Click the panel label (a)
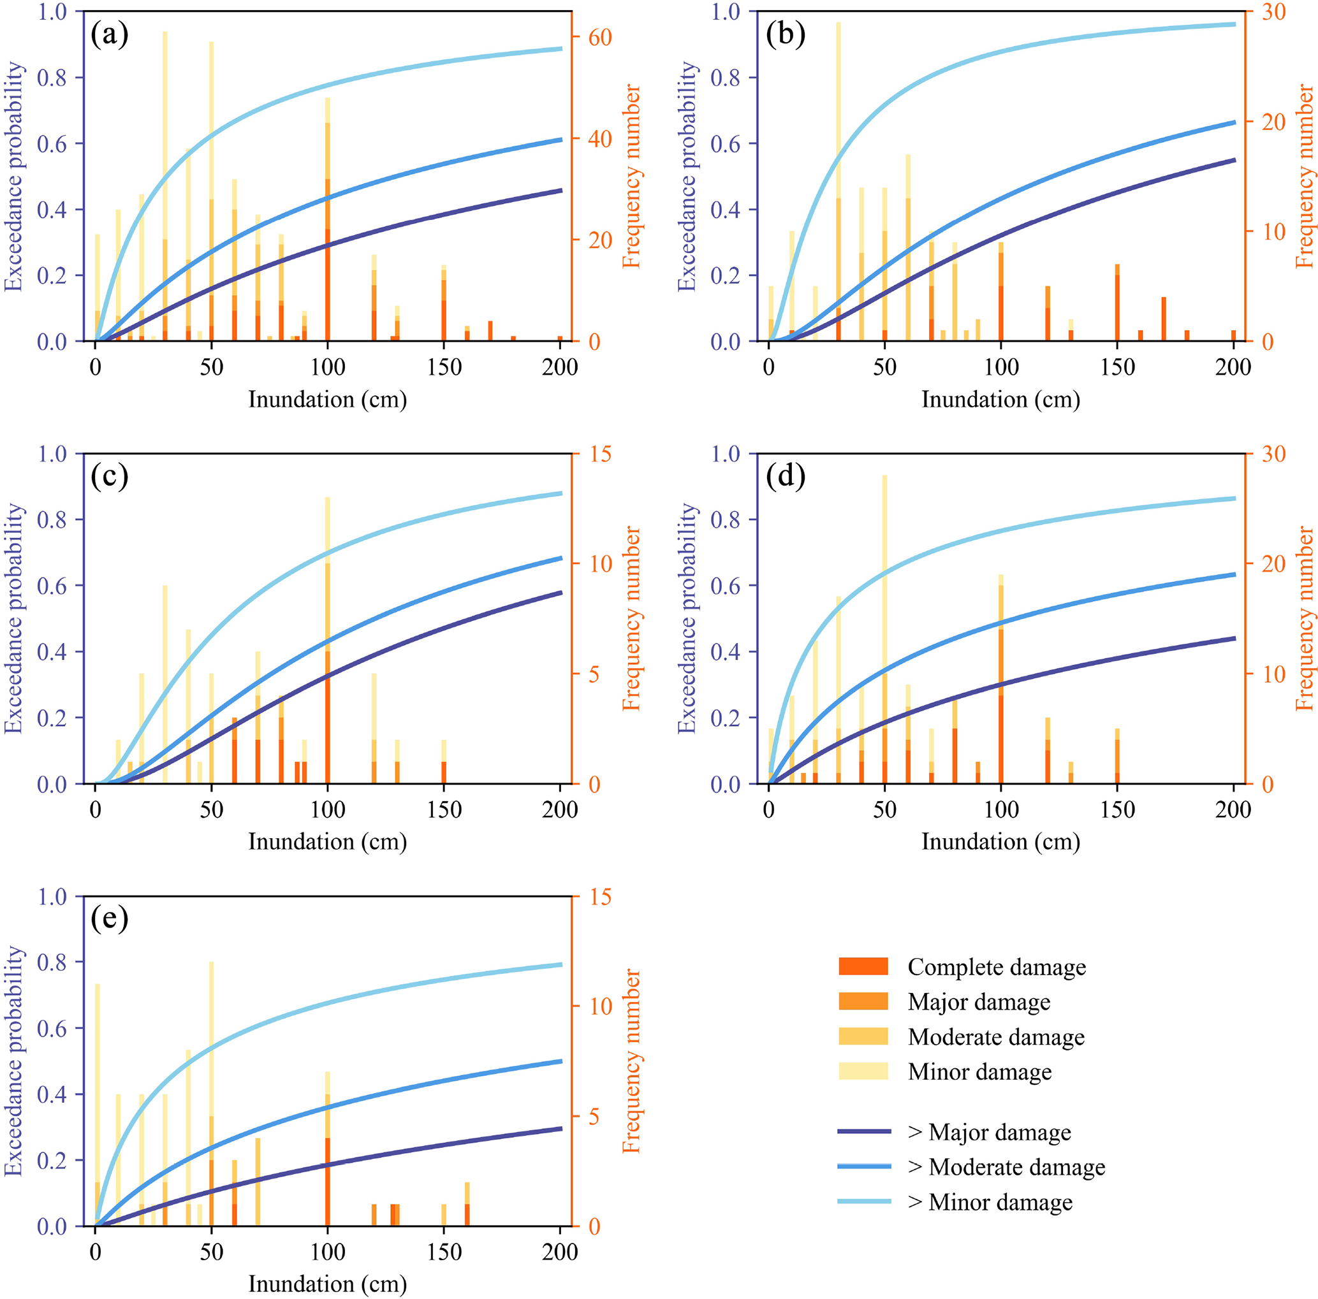point(109,34)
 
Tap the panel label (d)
point(785,476)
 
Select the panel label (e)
point(109,918)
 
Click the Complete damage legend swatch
point(863,966)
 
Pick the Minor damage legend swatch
point(863,1071)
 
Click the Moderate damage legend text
point(995,1036)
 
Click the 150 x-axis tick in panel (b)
point(1117,367)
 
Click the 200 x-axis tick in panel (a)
point(559,367)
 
